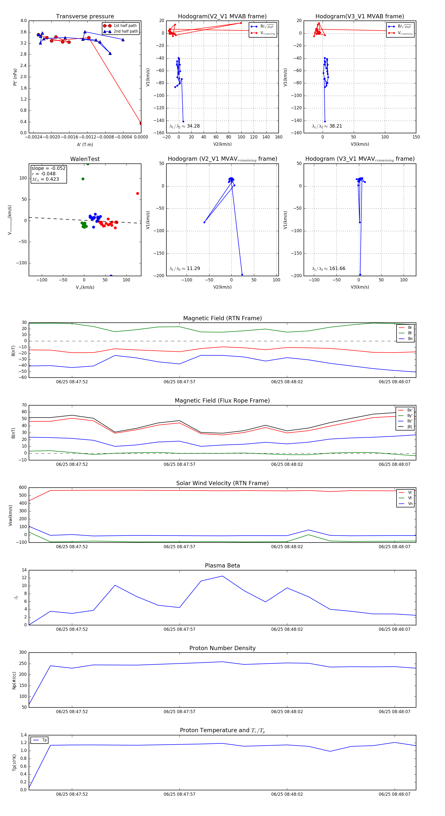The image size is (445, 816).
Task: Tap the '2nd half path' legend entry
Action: coord(125,31)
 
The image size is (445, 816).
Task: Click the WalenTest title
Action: coord(85,159)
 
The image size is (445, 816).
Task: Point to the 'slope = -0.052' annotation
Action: coord(48,168)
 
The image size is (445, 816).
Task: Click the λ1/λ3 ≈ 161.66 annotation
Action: coord(329,269)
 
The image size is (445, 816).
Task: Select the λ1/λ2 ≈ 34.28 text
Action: coord(185,126)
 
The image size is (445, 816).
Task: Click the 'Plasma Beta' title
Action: coord(222,566)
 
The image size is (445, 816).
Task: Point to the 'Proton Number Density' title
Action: coord(222,648)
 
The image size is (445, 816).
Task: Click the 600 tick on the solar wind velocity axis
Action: coord(23,488)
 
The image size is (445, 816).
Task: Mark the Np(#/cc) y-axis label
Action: coord(14,680)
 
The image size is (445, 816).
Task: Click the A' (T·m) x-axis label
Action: coord(85,144)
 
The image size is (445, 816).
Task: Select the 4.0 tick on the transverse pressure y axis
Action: coord(23,21)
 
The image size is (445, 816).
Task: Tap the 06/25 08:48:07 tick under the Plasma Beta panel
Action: coord(394,629)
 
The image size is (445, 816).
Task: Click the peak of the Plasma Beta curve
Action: coord(222,576)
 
